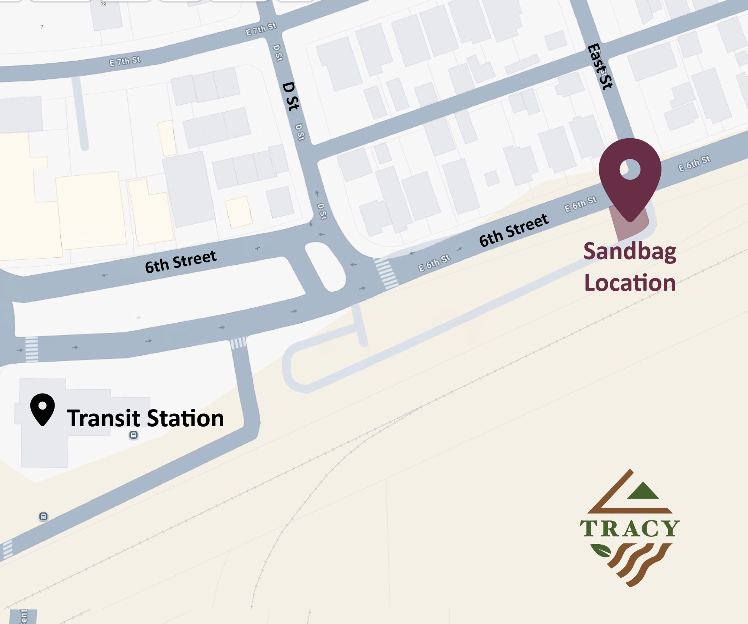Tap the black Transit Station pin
(x=42, y=409)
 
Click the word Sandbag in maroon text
(x=630, y=251)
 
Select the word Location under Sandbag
(x=630, y=283)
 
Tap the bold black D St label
(x=291, y=96)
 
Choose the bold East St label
(x=600, y=67)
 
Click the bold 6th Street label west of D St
(x=180, y=262)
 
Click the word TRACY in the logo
(x=630, y=529)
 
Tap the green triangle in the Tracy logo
(x=643, y=491)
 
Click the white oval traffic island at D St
(x=325, y=267)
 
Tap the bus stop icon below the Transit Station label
(x=134, y=435)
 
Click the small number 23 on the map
(x=103, y=5)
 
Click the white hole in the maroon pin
(x=630, y=169)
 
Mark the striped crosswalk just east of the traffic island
(x=386, y=274)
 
